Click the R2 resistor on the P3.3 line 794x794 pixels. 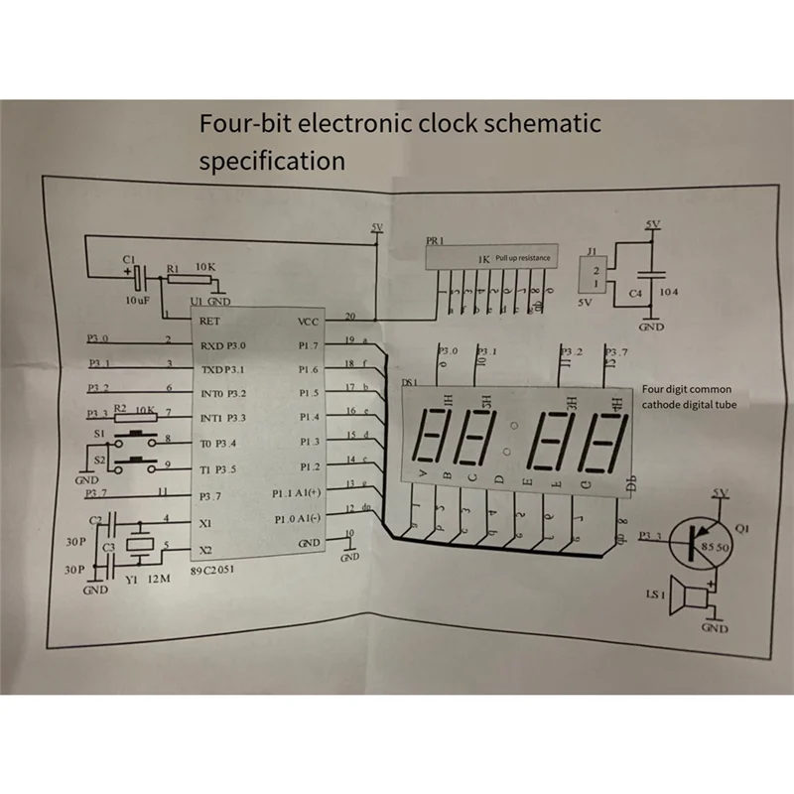[x=139, y=417]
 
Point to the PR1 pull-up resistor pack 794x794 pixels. [x=490, y=257]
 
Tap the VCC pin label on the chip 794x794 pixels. [x=308, y=322]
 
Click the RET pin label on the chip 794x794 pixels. [x=209, y=321]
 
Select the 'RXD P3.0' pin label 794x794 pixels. [x=222, y=345]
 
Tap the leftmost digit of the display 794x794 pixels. [x=434, y=440]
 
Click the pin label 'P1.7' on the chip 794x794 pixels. [x=309, y=345]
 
